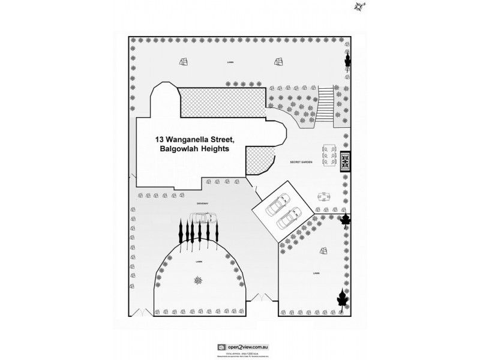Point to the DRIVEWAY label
click(202, 203)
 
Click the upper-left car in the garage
click(277, 205)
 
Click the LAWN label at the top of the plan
click(230, 61)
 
